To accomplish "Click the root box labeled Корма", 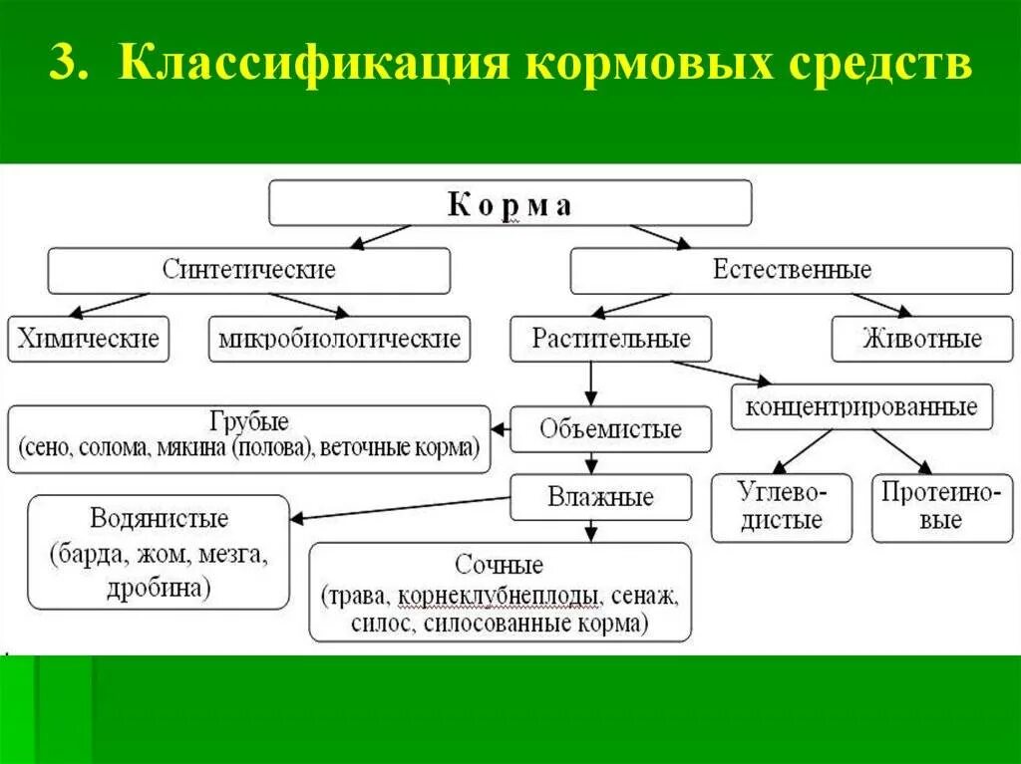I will click(x=510, y=204).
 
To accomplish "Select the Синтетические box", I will click(x=249, y=270).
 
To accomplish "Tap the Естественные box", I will click(x=792, y=270).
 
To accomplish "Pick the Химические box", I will click(x=88, y=339).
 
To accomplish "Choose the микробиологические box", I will click(x=340, y=339).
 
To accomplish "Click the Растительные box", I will click(x=611, y=339).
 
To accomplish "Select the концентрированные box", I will click(x=861, y=406).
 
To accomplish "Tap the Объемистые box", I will click(x=611, y=429).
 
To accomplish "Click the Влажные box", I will click(x=600, y=497).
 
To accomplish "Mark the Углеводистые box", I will click(x=782, y=507).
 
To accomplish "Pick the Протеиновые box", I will click(x=934, y=507).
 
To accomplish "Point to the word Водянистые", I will click(x=160, y=518).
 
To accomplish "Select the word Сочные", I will click(x=500, y=565).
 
